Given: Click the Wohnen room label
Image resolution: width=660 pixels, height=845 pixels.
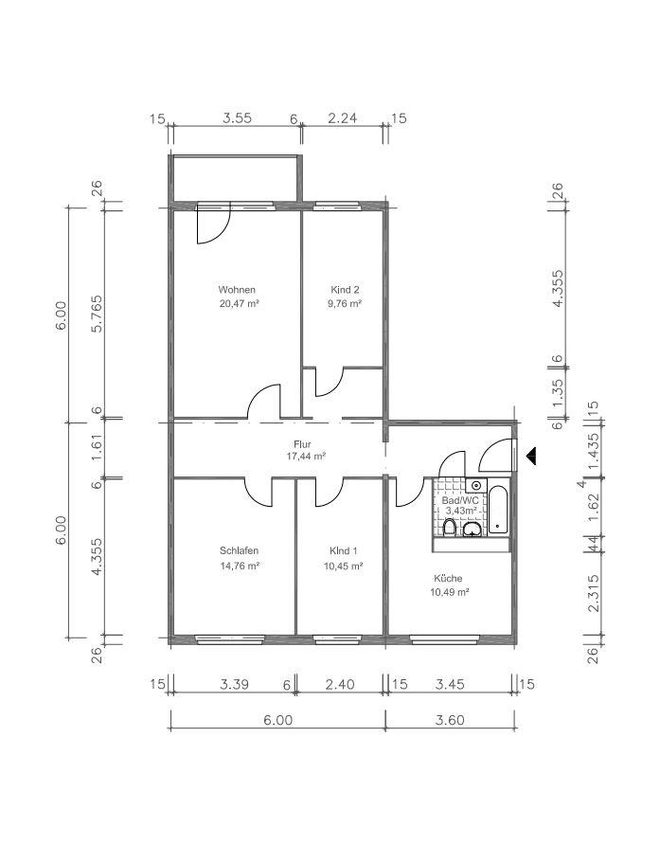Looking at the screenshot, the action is [x=237, y=289].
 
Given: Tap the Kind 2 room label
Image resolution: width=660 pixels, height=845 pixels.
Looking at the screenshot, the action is [x=345, y=289].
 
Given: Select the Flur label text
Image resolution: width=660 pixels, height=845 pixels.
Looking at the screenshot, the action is [x=302, y=444].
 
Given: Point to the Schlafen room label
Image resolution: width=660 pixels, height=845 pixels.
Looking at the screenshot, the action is [x=239, y=550].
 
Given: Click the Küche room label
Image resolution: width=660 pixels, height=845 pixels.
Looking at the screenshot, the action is [x=448, y=578].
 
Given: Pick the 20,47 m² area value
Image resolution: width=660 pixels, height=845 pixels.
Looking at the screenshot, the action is [x=240, y=303].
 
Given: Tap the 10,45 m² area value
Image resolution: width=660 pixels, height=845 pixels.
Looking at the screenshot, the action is [x=343, y=566].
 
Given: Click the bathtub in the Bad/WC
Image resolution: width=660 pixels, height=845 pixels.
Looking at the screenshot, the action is [x=498, y=510].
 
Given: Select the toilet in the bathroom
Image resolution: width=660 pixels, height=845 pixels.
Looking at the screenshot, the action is [x=450, y=527].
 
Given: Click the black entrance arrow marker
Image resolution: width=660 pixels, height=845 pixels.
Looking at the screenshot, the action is [x=531, y=456].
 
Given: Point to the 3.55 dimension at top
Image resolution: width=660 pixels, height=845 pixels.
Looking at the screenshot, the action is [x=237, y=118].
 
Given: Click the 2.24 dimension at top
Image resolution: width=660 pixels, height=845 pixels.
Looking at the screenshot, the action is [x=343, y=118].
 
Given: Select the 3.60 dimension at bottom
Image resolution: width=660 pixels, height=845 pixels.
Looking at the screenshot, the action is [x=450, y=720].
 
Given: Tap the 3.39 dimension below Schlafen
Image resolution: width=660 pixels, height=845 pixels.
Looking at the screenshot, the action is [x=235, y=684].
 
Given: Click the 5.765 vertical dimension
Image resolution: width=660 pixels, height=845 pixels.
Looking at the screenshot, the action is [x=97, y=315].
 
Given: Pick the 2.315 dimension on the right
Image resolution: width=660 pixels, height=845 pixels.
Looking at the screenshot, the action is [x=593, y=593].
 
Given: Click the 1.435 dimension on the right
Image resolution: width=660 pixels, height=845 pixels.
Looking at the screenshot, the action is [x=593, y=452].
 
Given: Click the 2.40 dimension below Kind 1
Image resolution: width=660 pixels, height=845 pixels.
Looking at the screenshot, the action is [x=341, y=684].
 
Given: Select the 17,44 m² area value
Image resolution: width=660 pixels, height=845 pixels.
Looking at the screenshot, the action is [x=306, y=457].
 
